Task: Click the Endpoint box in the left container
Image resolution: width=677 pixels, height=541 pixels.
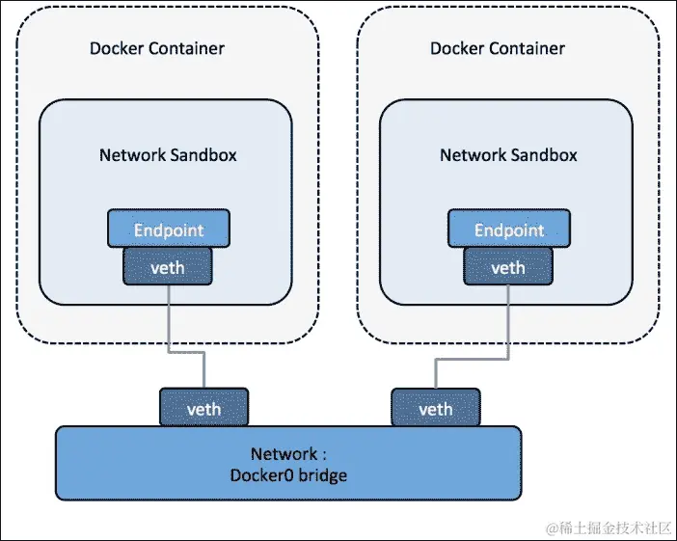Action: point(168,230)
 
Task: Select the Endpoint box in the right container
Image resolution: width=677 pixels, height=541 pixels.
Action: point(508,230)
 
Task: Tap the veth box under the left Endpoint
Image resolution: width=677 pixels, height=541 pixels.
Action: point(168,266)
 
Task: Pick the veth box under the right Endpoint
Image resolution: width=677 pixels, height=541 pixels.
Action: point(508,266)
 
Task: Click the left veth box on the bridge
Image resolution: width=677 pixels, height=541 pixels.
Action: point(203,408)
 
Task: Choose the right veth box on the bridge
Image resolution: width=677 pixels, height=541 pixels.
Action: point(436,408)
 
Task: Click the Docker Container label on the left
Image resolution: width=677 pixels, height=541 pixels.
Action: point(157,48)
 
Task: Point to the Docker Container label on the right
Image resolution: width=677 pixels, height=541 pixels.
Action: point(498,48)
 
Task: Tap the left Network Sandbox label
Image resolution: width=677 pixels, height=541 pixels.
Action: point(168,154)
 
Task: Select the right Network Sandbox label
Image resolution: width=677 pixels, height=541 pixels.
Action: point(508,154)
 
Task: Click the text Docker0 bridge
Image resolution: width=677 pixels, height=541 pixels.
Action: point(288,475)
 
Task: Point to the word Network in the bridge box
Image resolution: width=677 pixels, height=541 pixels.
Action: point(282,454)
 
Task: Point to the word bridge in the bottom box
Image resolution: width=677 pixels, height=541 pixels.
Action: point(322,475)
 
